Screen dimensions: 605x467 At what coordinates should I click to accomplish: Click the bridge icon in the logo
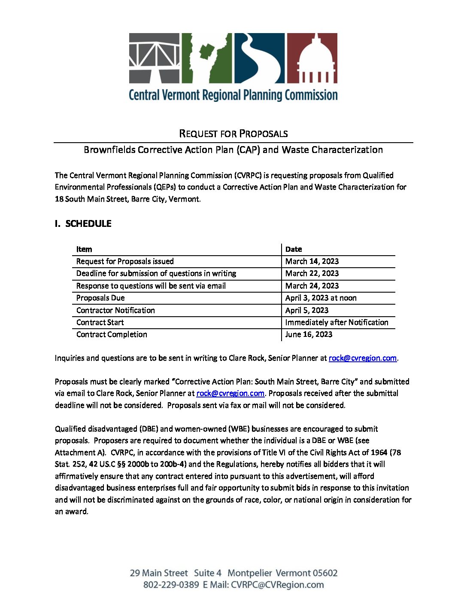155,58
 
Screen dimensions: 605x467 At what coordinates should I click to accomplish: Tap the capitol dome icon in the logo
312,58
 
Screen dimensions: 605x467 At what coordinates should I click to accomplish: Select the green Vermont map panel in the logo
206,58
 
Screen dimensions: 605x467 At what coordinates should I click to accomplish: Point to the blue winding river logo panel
259,58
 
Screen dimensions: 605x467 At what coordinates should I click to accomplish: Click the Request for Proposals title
233,134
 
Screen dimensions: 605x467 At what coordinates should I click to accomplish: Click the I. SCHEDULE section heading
83,223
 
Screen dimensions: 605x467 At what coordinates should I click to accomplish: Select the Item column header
84,249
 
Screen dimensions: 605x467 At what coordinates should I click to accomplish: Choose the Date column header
294,249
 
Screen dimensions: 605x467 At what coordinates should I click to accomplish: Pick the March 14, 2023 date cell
312,261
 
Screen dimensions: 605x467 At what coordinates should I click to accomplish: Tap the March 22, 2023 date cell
312,273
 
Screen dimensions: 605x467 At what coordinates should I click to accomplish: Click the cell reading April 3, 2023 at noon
321,298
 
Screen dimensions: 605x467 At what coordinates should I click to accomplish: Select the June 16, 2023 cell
309,334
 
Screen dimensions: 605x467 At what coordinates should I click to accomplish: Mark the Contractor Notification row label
115,310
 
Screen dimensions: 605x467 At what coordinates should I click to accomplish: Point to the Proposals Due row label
100,298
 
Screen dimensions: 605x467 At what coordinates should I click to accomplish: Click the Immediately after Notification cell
337,322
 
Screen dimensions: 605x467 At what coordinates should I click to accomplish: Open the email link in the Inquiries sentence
362,358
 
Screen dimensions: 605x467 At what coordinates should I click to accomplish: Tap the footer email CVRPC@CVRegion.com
277,585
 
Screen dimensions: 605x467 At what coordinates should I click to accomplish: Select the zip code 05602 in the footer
325,573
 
